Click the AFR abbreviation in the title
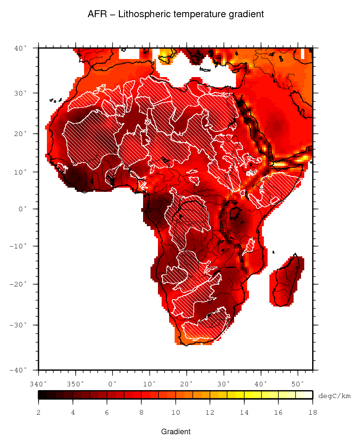97,14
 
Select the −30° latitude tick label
20,325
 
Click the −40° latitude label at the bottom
20,370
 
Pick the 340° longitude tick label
39,384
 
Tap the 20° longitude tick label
187,384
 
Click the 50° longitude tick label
298,384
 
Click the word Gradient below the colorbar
176,432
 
